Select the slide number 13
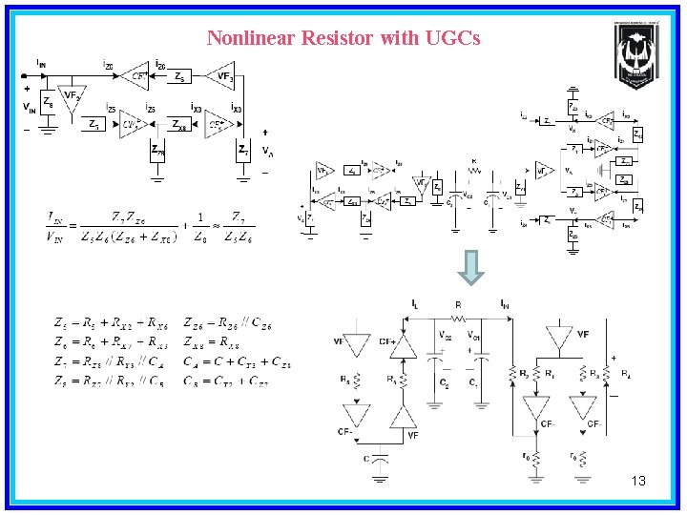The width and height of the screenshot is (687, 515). [638, 481]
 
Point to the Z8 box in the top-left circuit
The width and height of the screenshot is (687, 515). [48, 106]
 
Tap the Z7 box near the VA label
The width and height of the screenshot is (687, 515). [244, 150]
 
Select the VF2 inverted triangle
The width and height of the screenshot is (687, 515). [71, 99]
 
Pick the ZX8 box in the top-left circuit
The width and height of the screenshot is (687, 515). [179, 124]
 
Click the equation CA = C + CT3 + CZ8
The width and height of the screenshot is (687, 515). [238, 361]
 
